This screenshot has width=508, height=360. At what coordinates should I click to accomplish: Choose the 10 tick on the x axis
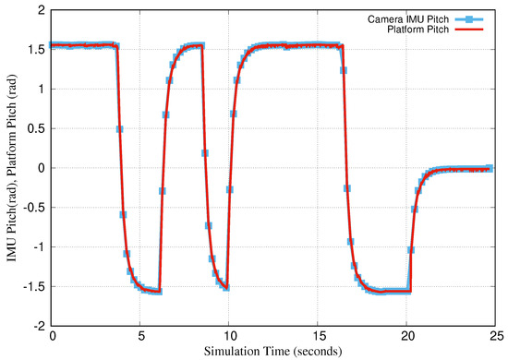coord(228,337)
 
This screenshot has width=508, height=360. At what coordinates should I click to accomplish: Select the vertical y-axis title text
coord(11,168)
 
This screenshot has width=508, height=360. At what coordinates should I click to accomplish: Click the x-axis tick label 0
coord(53,337)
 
